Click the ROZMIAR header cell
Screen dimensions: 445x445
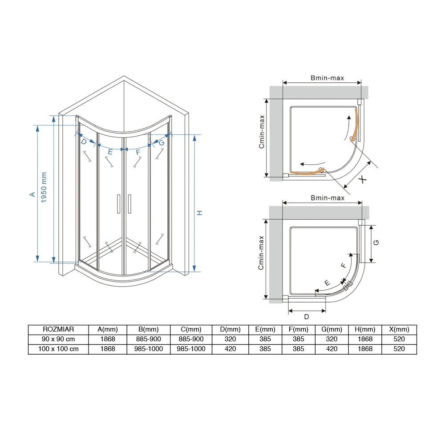[x=58, y=329]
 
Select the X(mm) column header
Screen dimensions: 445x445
[x=399, y=329]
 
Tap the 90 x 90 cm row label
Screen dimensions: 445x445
[x=58, y=339]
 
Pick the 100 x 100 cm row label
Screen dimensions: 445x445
[x=58, y=349]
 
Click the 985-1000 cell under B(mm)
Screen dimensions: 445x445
[x=149, y=349]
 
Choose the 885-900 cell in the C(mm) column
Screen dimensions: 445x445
[x=191, y=339]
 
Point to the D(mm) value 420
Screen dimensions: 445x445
[x=230, y=349]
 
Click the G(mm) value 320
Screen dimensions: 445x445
[x=332, y=339]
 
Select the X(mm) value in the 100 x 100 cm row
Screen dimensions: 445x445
[x=399, y=349]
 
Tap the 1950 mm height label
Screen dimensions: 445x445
[x=44, y=187]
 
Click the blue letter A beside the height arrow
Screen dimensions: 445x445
[x=32, y=194]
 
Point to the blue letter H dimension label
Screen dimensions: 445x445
[x=199, y=213]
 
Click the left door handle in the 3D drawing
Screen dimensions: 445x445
[x=118, y=204]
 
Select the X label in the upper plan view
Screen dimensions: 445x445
[x=362, y=179]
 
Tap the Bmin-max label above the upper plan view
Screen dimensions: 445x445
[x=327, y=78]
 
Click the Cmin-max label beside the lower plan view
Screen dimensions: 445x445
[x=261, y=253]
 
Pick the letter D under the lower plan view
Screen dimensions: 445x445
[x=307, y=317]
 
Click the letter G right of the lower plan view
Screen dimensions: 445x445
[x=376, y=243]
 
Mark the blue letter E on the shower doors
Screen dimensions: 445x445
[x=110, y=152]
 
